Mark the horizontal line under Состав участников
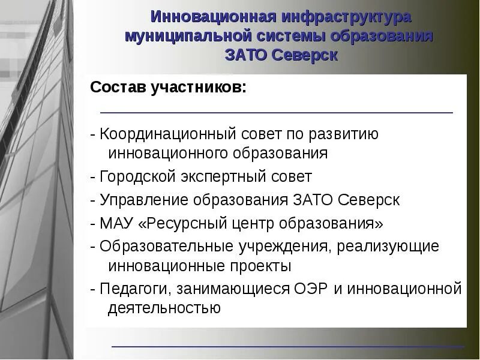276,112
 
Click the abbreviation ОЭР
310,289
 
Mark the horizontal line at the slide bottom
288,347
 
